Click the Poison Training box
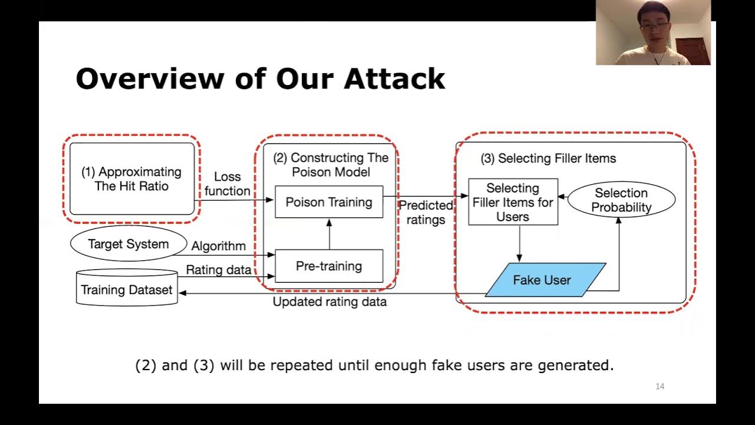(x=329, y=202)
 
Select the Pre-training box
(x=329, y=266)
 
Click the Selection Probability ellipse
(x=621, y=200)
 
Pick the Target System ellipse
(x=129, y=244)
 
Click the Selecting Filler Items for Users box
(x=513, y=202)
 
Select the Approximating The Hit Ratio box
(x=132, y=179)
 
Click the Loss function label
(x=228, y=184)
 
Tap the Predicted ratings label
(x=425, y=212)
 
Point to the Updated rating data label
(x=330, y=302)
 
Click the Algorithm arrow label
(x=218, y=246)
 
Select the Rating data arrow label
(x=219, y=270)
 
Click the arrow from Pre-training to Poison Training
(x=329, y=234)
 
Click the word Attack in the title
(x=395, y=79)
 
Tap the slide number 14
(x=659, y=386)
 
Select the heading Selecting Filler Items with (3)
(x=548, y=158)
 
